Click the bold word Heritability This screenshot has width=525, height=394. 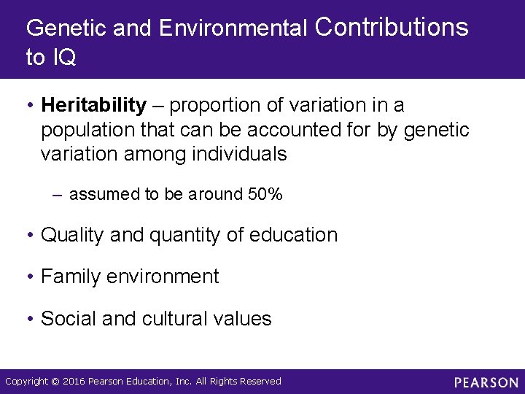click(94, 106)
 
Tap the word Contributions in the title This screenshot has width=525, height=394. click(392, 28)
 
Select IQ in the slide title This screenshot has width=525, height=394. click(63, 58)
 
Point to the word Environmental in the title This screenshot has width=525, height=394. click(233, 28)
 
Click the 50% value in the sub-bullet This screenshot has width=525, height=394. click(265, 194)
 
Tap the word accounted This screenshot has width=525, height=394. click(317, 131)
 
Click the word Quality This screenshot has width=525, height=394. click(71, 235)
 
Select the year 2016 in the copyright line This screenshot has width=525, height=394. click(74, 382)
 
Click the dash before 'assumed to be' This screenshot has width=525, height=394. click(58, 195)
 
